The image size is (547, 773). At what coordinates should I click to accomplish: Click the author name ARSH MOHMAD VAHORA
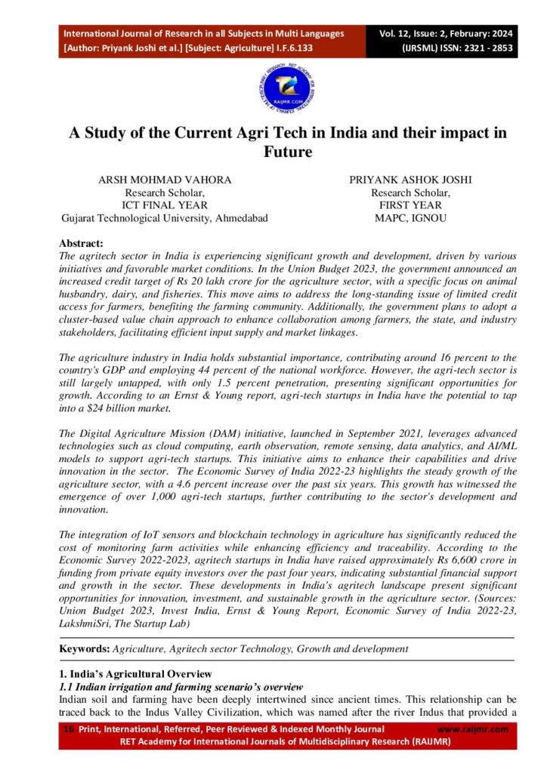(164, 180)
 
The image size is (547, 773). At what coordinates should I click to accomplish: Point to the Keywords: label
(84, 648)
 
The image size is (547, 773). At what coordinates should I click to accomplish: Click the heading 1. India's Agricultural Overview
(136, 673)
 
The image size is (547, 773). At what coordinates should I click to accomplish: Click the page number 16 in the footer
(69, 729)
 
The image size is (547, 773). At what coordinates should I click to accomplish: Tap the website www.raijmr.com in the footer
(473, 729)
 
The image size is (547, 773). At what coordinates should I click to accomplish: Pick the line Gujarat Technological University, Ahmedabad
(164, 218)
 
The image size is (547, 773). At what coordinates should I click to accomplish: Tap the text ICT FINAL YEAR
(164, 205)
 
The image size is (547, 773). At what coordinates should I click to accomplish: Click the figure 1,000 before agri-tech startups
(186, 497)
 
